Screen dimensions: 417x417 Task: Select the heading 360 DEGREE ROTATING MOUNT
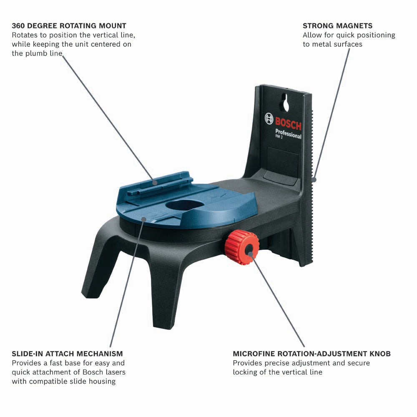(69, 26)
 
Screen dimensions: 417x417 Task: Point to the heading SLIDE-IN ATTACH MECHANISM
(67, 354)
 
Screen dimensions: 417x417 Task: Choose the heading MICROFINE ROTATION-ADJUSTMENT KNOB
(311, 354)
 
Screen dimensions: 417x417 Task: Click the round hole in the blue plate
(184, 205)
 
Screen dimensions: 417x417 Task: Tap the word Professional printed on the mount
(288, 134)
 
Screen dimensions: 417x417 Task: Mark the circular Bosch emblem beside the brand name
(269, 118)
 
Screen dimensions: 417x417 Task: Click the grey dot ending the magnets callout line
(314, 180)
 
